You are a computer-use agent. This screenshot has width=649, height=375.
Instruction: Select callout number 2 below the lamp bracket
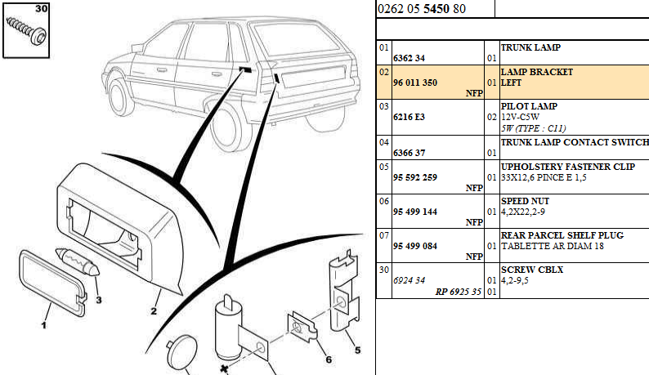(153, 311)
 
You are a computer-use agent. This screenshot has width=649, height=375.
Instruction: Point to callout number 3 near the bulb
(99, 300)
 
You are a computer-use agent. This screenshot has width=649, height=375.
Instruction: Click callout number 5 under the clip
(356, 352)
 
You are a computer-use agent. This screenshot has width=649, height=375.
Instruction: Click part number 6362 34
(408, 59)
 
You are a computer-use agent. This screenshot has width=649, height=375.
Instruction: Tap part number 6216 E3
(409, 117)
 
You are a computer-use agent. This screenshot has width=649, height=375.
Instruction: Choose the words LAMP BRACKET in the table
(536, 72)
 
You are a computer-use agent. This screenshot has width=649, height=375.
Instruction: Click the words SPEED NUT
(525, 200)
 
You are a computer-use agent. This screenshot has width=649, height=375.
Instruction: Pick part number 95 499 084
(415, 246)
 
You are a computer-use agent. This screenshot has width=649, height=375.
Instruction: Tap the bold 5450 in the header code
(435, 10)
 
